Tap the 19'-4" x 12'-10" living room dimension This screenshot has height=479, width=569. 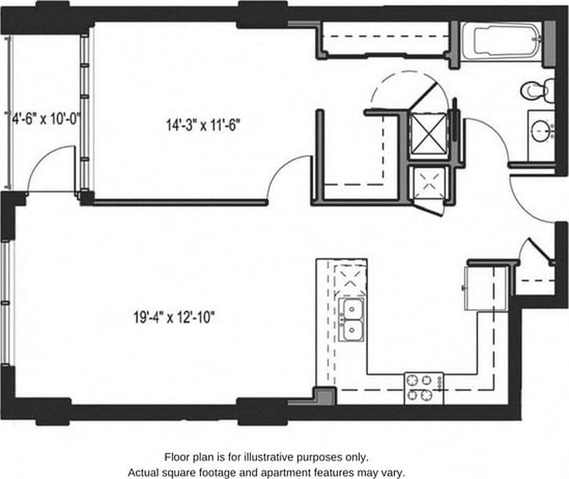pos(175,318)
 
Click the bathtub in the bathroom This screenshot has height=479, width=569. pos(503,43)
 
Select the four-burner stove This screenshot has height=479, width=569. pos(423,388)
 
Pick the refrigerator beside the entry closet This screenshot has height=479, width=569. pos(479,288)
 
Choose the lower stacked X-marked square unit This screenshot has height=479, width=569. pos(428,183)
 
